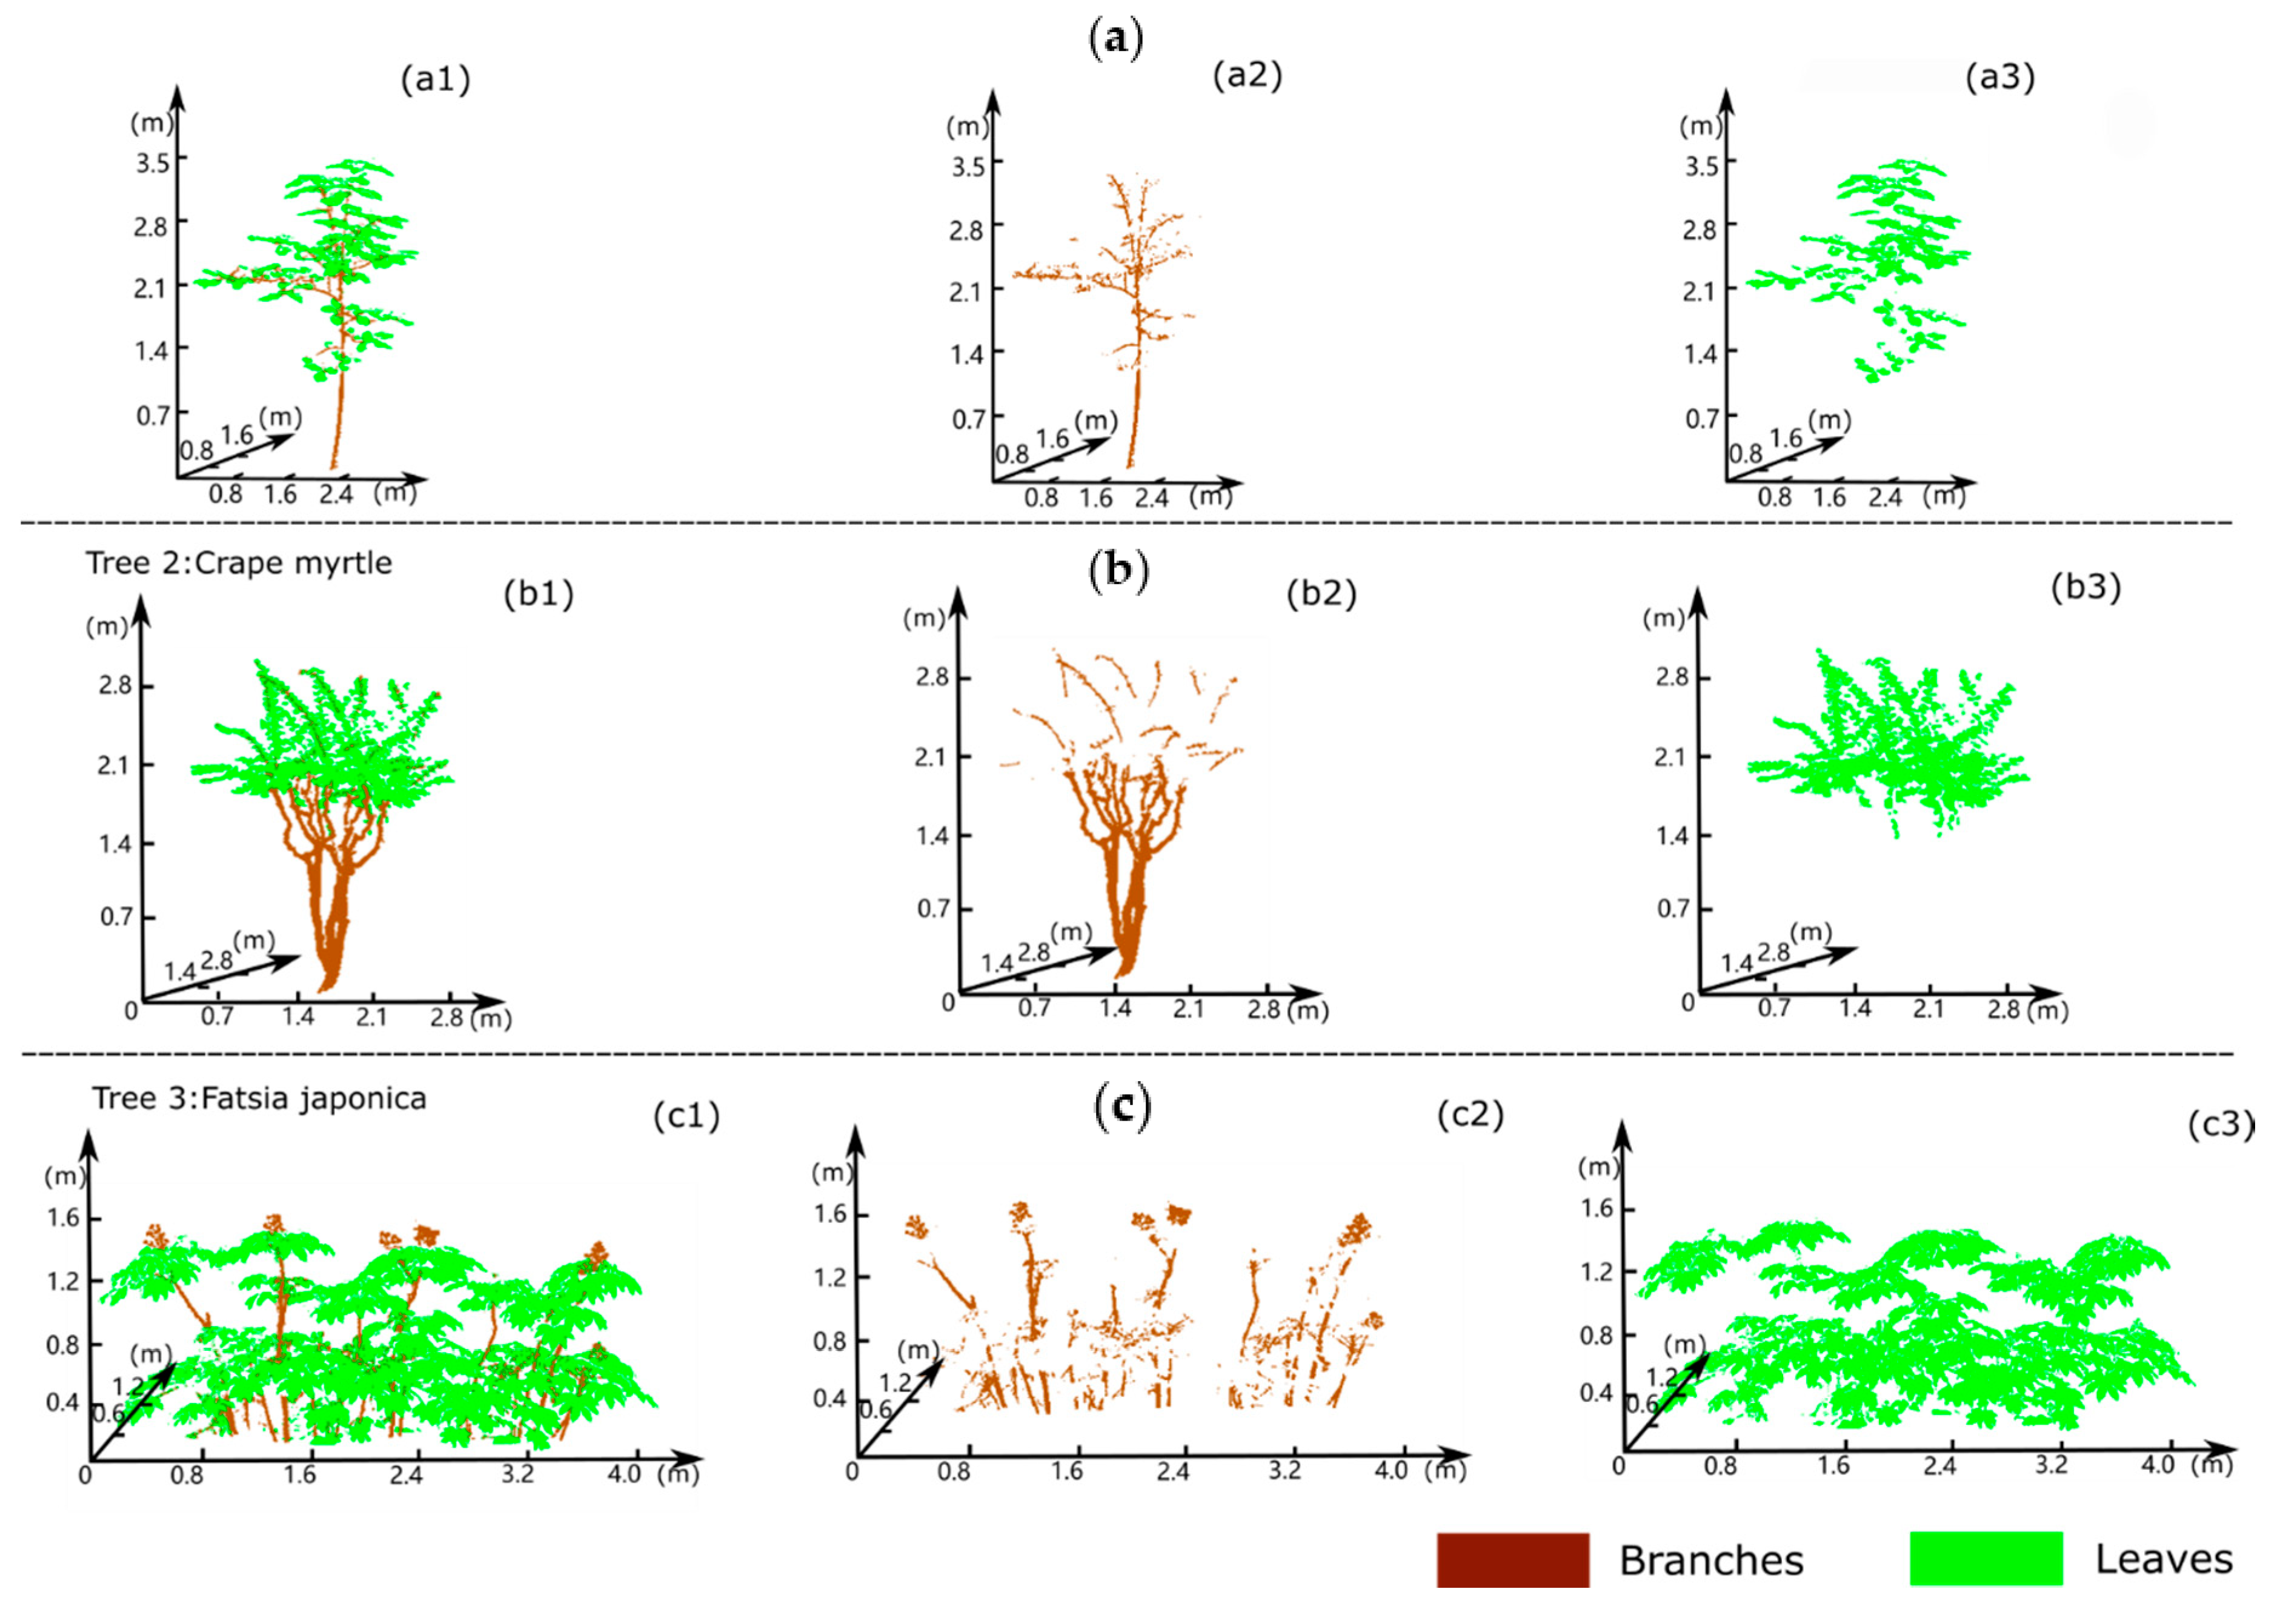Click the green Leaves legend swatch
coord(1985,1558)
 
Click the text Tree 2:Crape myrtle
coord(239,563)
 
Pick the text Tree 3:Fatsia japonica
coord(259,1098)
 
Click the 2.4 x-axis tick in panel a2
coord(1151,498)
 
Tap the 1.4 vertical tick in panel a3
coord(1700,352)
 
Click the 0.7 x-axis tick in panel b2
coord(1034,1008)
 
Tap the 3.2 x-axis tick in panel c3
coord(2050,1465)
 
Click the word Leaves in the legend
coord(2164,1559)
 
